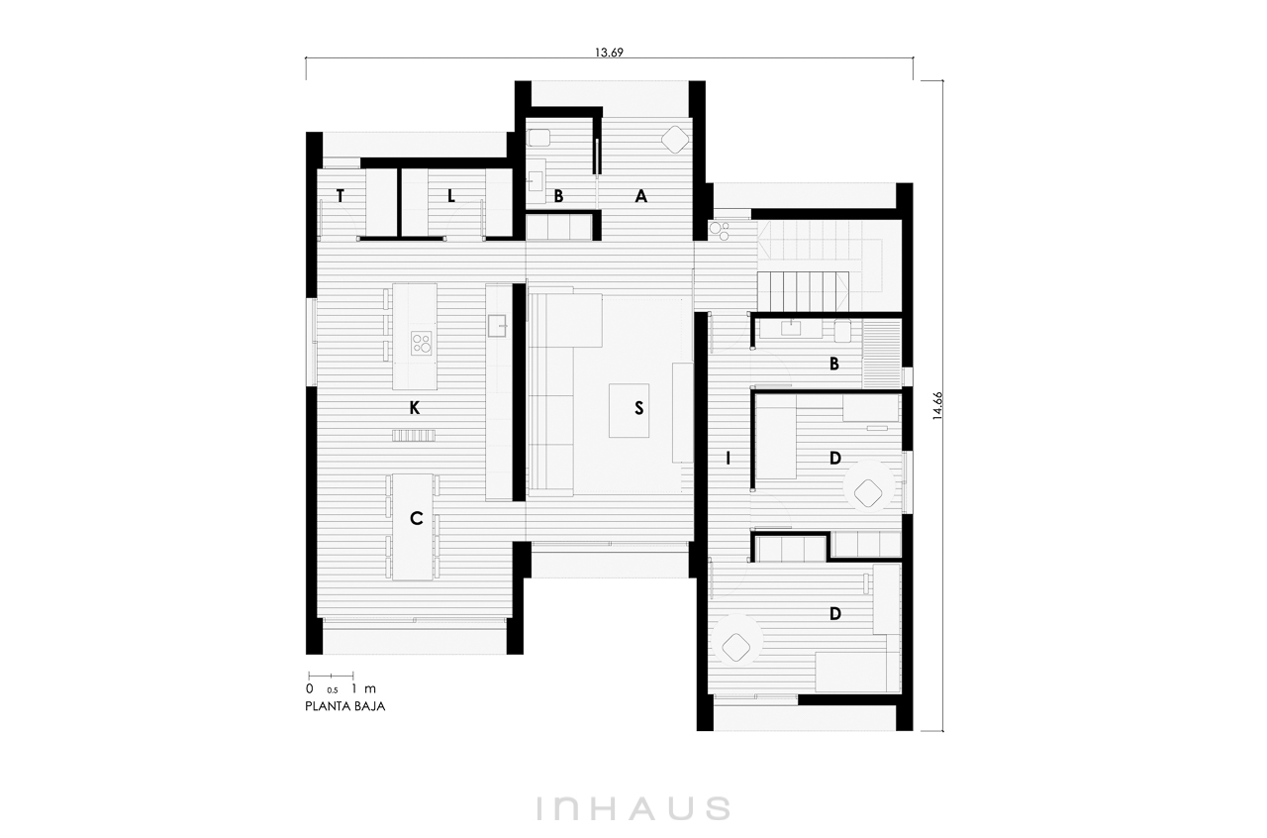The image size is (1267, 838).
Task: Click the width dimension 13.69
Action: point(609,52)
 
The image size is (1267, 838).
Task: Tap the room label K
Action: point(415,408)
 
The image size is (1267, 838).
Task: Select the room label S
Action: point(639,408)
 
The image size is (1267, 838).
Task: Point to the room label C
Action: point(416,518)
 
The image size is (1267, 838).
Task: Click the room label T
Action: point(340,196)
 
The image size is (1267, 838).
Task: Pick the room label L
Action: point(450,196)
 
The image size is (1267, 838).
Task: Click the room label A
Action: point(640,196)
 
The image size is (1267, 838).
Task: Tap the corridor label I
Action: point(728,459)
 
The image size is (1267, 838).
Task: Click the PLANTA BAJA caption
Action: point(345,706)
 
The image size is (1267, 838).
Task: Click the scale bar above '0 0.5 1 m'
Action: point(331,675)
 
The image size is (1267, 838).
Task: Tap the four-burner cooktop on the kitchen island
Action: point(422,343)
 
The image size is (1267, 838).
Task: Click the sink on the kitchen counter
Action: point(497,327)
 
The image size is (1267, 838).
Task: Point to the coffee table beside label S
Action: point(629,410)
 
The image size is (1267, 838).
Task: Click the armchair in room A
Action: point(675,139)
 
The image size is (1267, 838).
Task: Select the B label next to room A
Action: point(558,196)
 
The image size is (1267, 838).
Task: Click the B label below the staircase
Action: point(833,364)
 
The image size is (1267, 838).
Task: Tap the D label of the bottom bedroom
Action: point(834,613)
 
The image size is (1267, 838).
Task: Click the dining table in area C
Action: point(413,527)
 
